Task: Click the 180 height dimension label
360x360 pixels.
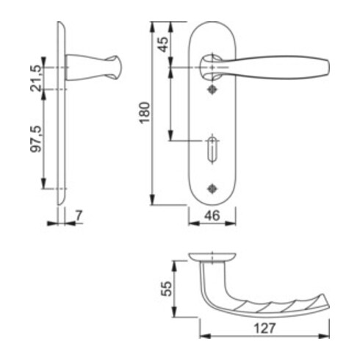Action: [145, 112]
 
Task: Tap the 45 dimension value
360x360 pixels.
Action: [164, 44]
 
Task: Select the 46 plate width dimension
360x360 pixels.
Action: [212, 215]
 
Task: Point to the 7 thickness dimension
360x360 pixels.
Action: [79, 215]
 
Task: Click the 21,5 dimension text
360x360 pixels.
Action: [35, 79]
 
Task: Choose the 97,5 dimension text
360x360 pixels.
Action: [35, 139]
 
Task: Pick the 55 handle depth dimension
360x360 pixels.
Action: [167, 289]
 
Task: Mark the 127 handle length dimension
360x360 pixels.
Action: [264, 328]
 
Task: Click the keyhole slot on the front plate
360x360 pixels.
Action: [212, 150]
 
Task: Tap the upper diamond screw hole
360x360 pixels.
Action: [212, 90]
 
